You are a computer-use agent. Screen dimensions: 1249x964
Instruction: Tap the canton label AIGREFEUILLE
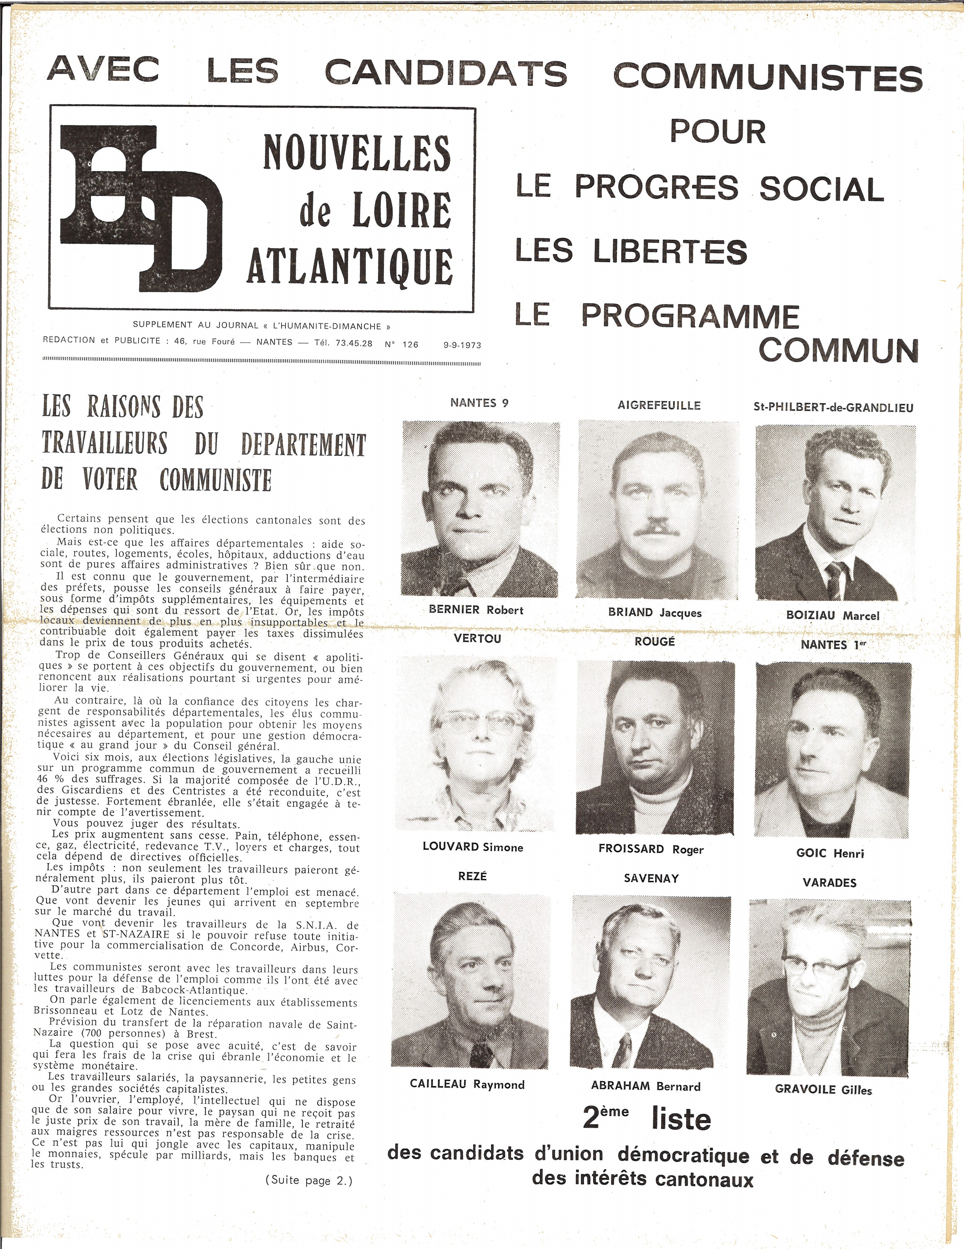point(659,406)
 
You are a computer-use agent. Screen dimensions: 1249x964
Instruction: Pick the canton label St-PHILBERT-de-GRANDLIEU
point(833,408)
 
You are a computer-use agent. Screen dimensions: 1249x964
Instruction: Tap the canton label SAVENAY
point(651,879)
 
